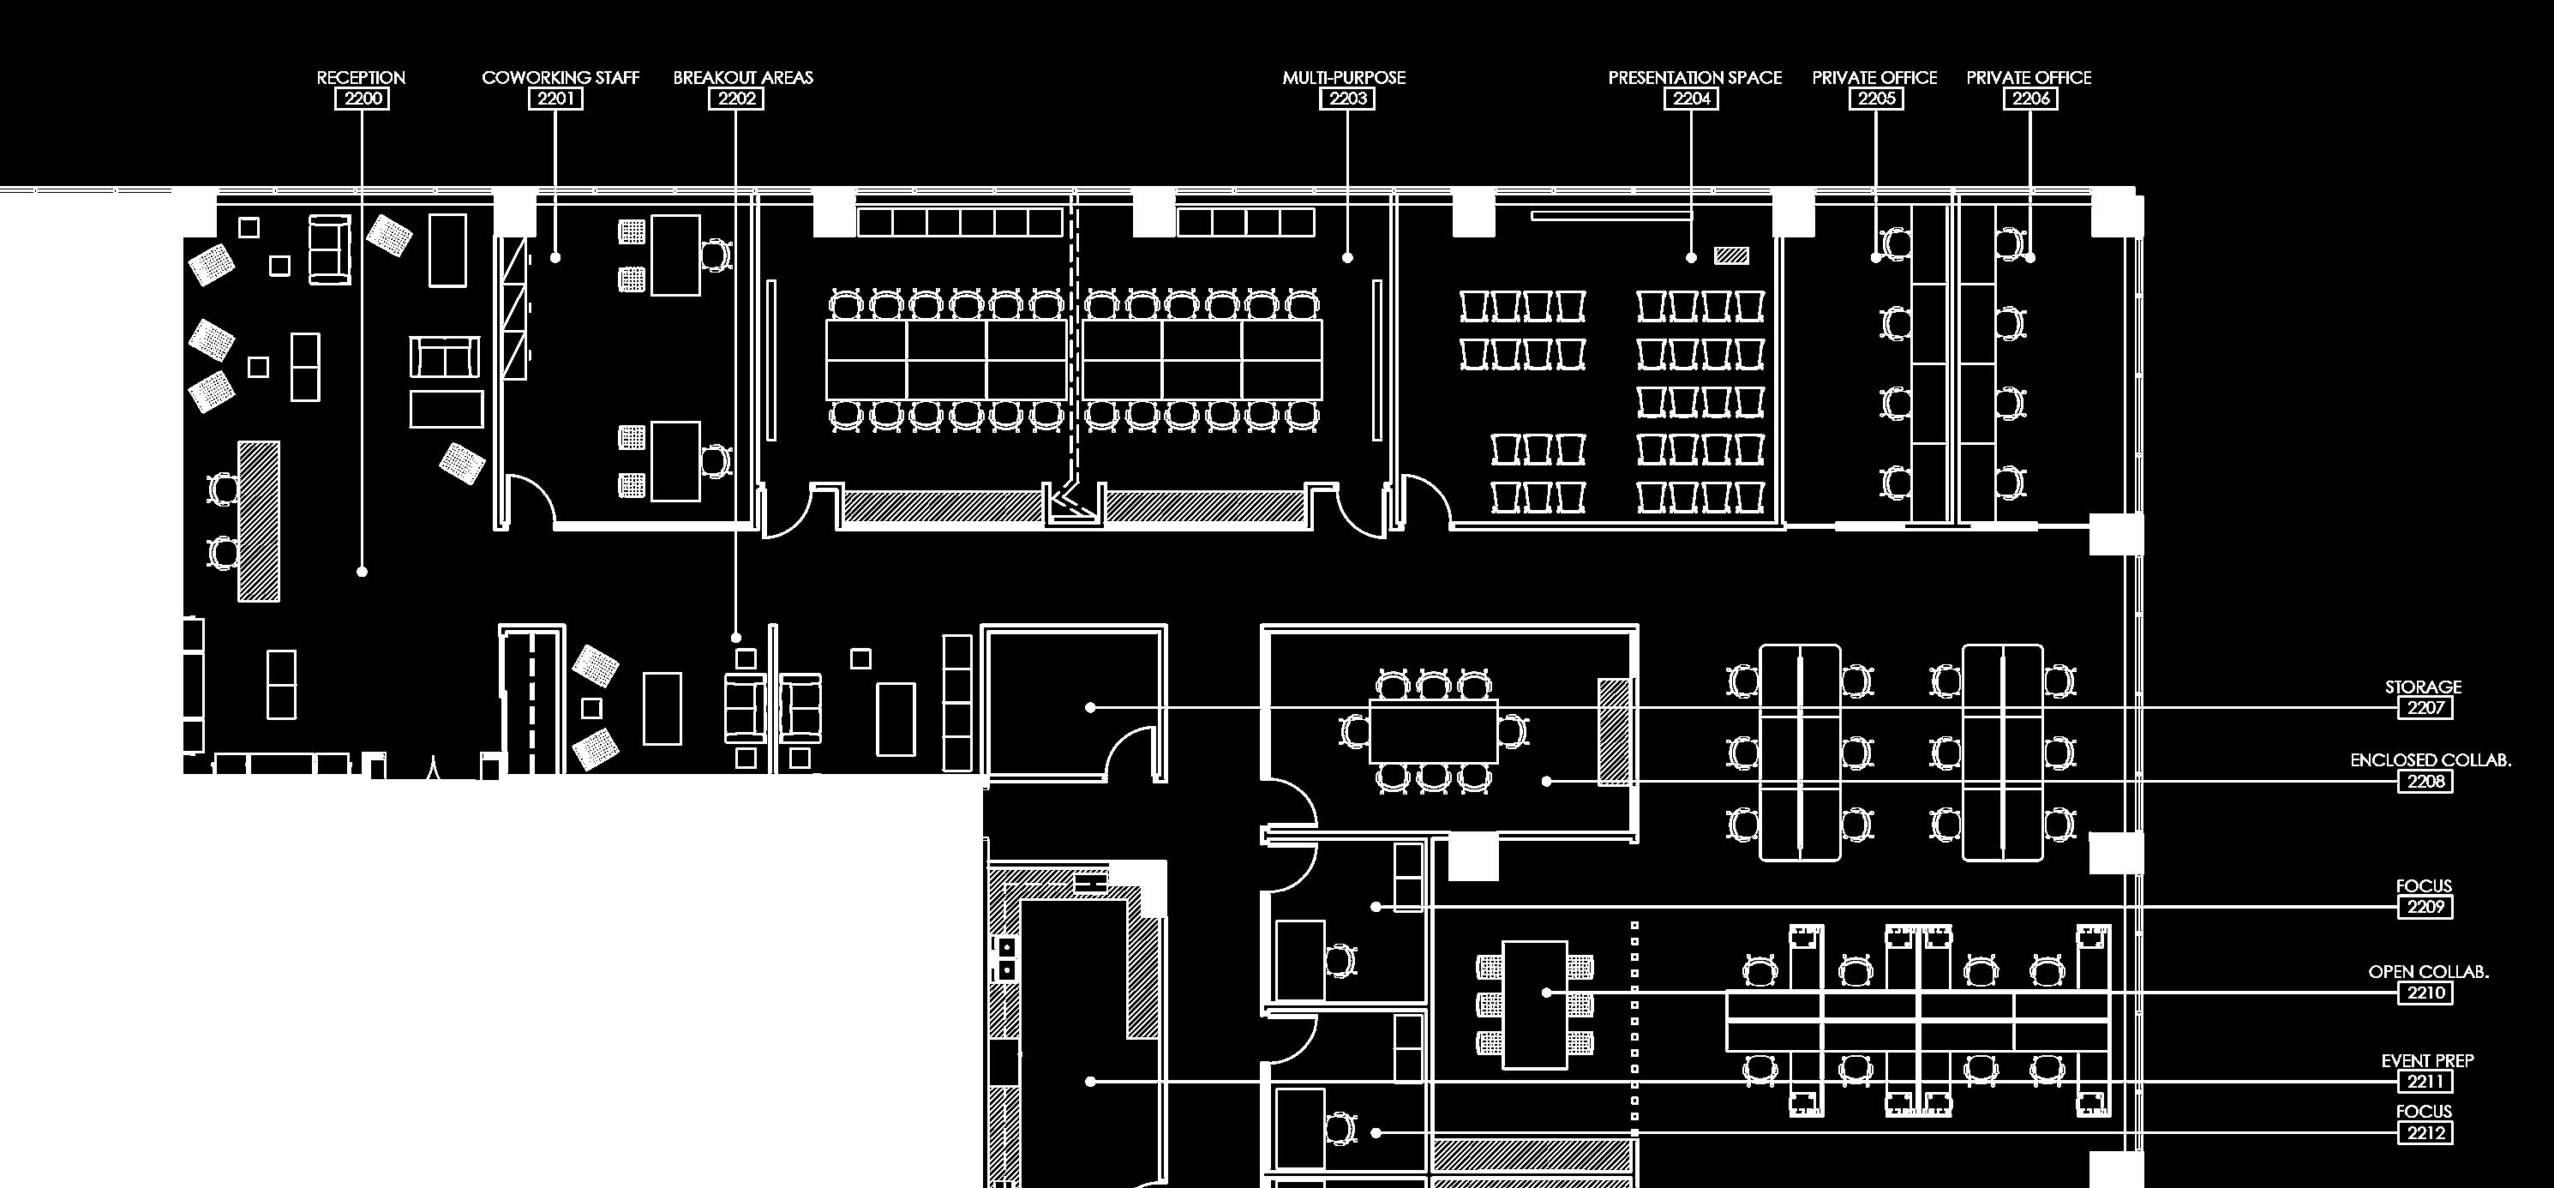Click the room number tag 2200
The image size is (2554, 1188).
click(361, 99)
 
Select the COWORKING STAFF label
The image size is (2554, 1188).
click(561, 77)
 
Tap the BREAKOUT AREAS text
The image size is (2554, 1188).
click(742, 77)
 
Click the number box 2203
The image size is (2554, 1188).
click(1347, 99)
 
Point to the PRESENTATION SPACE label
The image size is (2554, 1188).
click(1694, 77)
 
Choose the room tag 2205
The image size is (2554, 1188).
click(1876, 99)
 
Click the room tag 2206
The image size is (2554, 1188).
click(2030, 99)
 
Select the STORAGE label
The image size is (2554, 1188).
click(2423, 687)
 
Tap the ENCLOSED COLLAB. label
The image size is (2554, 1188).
click(2430, 759)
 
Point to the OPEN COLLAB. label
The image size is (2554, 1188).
click(2428, 972)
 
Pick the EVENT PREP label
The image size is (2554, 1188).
click(2427, 1060)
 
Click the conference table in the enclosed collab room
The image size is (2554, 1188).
click(1433, 731)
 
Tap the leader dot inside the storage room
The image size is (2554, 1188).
click(1091, 707)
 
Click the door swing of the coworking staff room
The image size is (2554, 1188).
click(531, 495)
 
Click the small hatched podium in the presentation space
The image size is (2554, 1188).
click(1731, 255)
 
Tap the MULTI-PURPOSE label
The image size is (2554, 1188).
click(1344, 77)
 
